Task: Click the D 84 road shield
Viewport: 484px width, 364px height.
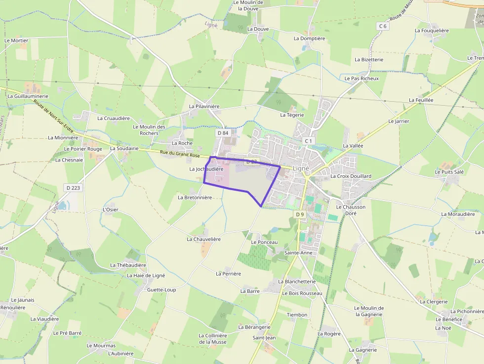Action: (x=223, y=133)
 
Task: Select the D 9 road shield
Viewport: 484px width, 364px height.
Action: (x=300, y=214)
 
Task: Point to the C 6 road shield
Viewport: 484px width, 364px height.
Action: (x=382, y=26)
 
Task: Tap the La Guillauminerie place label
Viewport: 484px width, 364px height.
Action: (x=28, y=96)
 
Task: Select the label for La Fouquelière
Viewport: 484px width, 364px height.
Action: (x=432, y=31)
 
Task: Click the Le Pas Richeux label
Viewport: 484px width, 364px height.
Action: (x=362, y=79)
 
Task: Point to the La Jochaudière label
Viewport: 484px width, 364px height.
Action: (x=206, y=169)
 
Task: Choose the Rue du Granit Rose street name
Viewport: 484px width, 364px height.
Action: (x=180, y=154)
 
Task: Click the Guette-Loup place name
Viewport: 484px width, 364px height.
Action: (x=161, y=290)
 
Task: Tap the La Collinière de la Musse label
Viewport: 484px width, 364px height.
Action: (x=212, y=339)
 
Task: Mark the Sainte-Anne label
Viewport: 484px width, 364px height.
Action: (x=299, y=253)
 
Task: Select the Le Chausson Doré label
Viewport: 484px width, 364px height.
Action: (x=351, y=210)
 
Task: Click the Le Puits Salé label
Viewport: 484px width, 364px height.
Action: (x=449, y=172)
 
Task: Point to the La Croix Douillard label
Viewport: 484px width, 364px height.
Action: (x=351, y=176)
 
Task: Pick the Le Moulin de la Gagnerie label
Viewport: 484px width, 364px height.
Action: (x=368, y=311)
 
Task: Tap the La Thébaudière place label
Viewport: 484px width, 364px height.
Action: (x=128, y=265)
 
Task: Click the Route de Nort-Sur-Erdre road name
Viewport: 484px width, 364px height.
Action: (x=54, y=117)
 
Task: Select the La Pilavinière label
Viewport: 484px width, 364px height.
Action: (x=204, y=106)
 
